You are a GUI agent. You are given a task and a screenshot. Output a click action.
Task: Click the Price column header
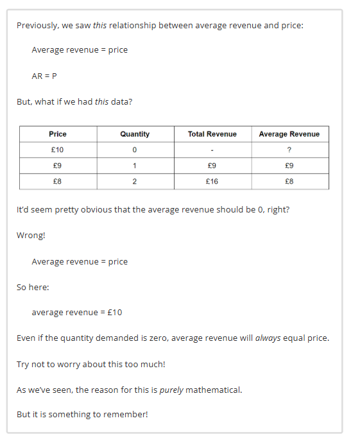click(58, 134)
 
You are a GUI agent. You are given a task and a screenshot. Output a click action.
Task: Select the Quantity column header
click(135, 134)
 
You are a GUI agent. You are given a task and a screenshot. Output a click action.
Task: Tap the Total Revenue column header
click(212, 134)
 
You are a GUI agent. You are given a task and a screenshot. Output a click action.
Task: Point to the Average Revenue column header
click(289, 134)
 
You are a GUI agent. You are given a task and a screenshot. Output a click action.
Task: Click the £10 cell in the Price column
click(58, 150)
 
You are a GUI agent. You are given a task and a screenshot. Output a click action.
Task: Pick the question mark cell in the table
click(289, 150)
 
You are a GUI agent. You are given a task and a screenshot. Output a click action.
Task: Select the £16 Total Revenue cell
click(212, 182)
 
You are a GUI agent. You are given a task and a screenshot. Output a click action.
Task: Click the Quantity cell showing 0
click(135, 150)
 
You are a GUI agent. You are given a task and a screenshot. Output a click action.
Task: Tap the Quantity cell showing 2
click(135, 182)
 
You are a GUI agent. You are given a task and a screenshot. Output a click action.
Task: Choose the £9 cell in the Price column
click(58, 166)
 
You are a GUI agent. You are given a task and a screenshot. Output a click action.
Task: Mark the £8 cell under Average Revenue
click(289, 182)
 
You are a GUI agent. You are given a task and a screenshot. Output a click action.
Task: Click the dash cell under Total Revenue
click(212, 150)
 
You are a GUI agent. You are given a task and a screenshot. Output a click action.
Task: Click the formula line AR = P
click(44, 75)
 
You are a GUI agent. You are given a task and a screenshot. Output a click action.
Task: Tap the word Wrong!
click(31, 235)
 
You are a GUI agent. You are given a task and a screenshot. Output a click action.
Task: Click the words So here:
click(33, 287)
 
